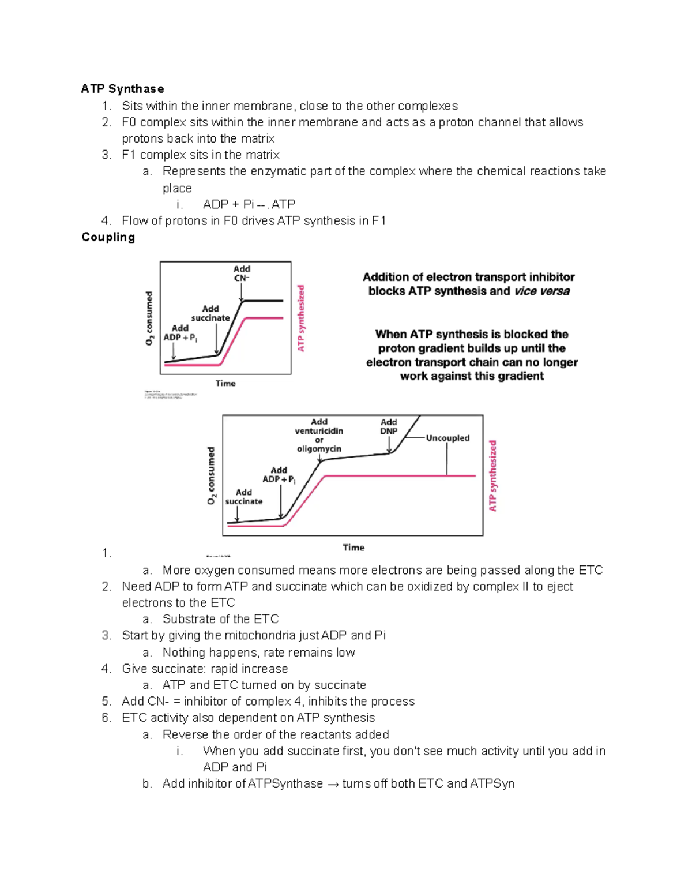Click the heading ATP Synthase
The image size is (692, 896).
[x=122, y=89]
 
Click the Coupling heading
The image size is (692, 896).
[x=108, y=237]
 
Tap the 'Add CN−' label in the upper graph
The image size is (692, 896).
[x=242, y=273]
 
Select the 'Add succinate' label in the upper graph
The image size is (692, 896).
[x=210, y=313]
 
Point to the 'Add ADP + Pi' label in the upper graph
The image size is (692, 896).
[x=180, y=332]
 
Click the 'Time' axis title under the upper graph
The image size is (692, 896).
[x=225, y=383]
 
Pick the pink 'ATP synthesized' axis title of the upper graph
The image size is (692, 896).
[x=300, y=318]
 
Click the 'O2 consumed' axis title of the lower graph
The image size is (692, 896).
[x=211, y=475]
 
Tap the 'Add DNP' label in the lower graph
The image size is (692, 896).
[x=389, y=426]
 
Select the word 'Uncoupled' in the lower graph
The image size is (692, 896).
[x=447, y=438]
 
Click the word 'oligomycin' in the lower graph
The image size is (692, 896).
[x=319, y=449]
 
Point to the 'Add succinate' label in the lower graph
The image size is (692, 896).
[x=243, y=497]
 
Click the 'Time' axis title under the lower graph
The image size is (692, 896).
[x=353, y=548]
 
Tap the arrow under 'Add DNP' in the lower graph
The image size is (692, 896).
[x=390, y=445]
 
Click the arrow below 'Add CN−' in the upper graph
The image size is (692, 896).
[x=242, y=292]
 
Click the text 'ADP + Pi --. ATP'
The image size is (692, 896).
[x=249, y=204]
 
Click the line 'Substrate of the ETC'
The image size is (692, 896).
[x=220, y=619]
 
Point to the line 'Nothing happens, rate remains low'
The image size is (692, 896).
[x=258, y=653]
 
